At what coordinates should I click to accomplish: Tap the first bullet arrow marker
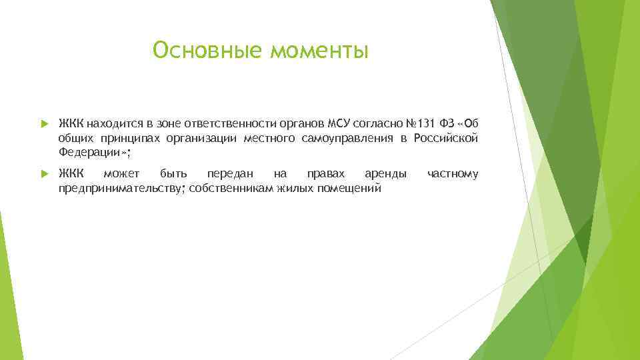click(44, 124)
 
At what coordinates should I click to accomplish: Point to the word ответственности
click(227, 124)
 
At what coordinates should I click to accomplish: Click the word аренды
click(385, 175)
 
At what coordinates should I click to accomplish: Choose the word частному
click(453, 175)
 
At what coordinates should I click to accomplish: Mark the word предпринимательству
click(122, 189)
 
